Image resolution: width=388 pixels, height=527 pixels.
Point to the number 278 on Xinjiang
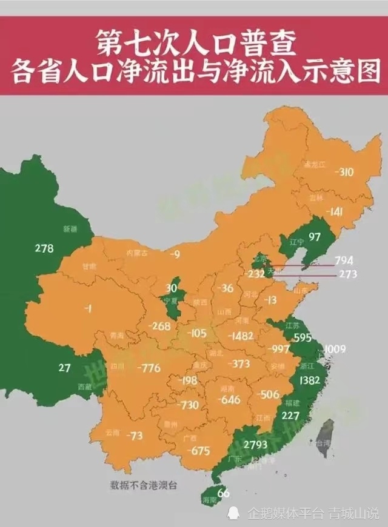tap(44, 248)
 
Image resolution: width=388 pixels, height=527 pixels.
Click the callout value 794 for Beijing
tap(343, 260)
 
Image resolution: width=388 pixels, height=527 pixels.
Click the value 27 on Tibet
tap(65, 367)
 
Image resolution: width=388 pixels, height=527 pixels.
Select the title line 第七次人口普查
tap(193, 44)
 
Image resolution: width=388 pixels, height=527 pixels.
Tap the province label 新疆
tap(70, 229)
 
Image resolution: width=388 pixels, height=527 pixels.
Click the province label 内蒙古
tap(137, 253)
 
